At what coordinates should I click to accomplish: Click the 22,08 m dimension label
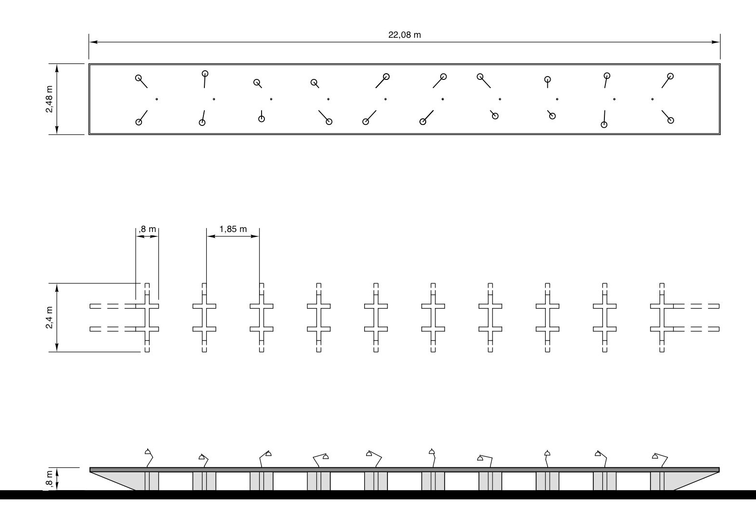tap(404, 35)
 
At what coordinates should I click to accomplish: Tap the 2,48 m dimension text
tap(49, 99)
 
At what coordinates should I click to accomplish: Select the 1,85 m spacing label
tap(233, 229)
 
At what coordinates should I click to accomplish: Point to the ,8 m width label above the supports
tap(148, 229)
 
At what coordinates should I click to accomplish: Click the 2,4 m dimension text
tap(49, 317)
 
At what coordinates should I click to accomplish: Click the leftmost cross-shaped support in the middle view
tap(147, 318)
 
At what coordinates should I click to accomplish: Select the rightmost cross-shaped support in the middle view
tap(662, 318)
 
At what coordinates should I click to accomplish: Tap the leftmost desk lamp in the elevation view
tap(148, 453)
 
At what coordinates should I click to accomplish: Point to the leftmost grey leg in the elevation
tap(152, 481)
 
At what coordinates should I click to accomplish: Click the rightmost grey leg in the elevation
tap(657, 481)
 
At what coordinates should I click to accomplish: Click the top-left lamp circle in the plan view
tap(139, 77)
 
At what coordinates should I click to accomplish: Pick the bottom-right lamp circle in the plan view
tap(670, 120)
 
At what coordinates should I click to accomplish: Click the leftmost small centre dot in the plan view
tap(156, 99)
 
